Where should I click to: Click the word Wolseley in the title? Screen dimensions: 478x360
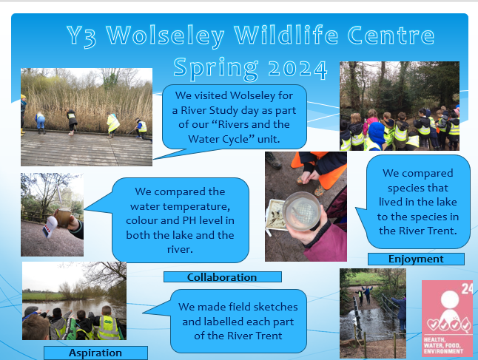pos(165,36)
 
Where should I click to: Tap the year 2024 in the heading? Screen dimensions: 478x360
pos(298,69)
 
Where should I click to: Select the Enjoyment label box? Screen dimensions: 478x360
pos(416,259)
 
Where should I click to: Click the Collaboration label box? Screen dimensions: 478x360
pos(223,277)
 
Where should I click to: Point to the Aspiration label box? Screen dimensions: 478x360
pos(95,353)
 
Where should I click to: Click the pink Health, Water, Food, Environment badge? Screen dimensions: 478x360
pos(447,319)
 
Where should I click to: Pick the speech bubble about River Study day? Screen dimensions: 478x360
pos(234,118)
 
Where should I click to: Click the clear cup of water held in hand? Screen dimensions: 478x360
pos(302,211)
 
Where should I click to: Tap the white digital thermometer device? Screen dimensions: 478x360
pos(50,226)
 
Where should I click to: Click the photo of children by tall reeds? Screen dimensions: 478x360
pos(87,117)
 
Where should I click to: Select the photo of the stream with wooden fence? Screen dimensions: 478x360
pos(373,313)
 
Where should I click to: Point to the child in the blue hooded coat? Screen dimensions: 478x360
pos(375,136)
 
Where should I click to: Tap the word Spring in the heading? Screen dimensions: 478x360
pos(216,69)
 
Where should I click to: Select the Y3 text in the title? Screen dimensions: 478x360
pos(81,36)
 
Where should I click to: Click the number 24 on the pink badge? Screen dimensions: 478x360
pos(467,289)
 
